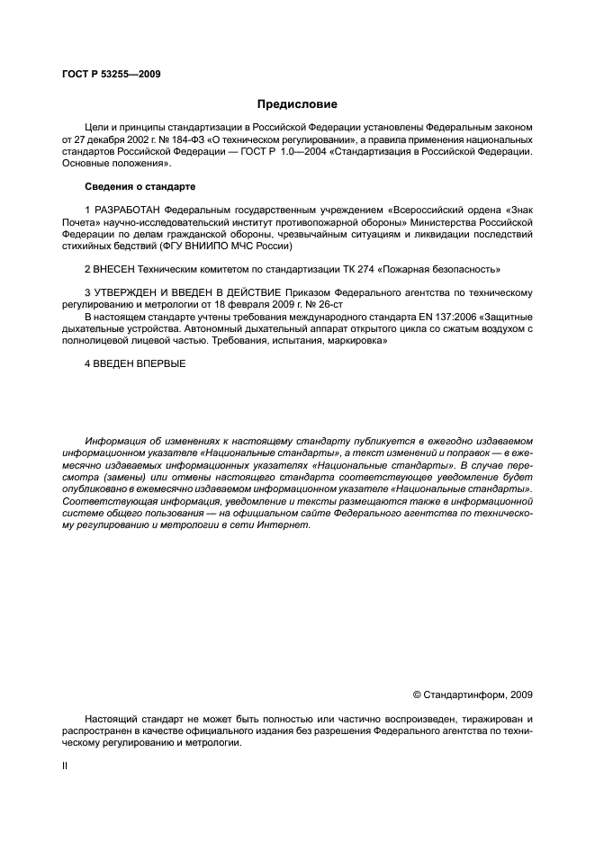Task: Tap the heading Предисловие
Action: [297, 103]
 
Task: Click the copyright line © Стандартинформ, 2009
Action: [472, 694]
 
